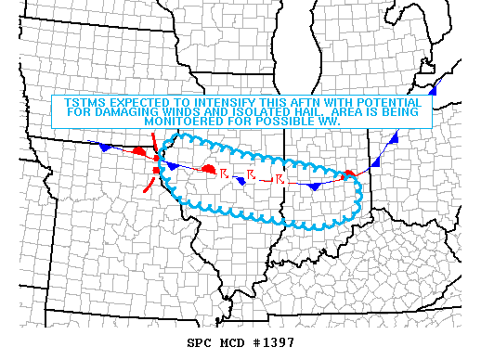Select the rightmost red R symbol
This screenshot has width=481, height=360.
point(279,177)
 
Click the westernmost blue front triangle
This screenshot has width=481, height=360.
point(107,148)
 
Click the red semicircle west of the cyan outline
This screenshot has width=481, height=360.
point(137,150)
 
